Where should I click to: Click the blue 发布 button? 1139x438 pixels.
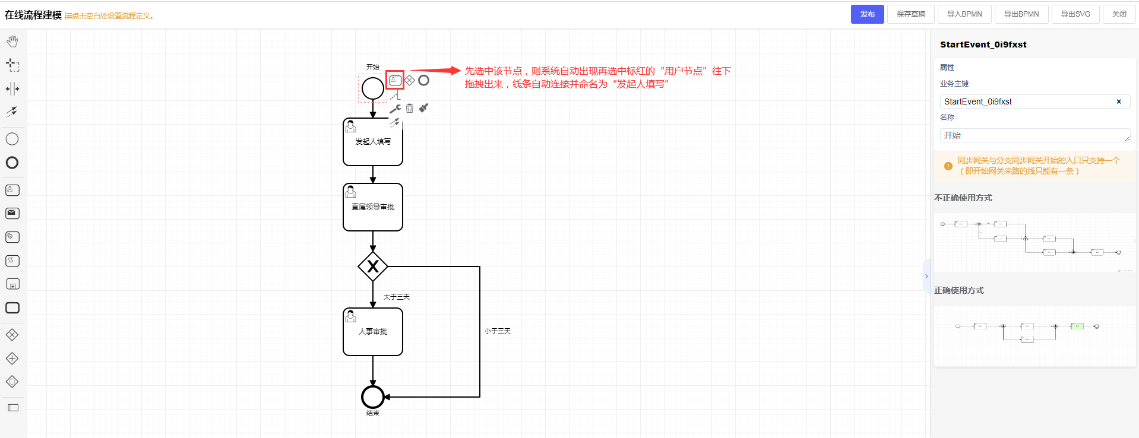(x=867, y=14)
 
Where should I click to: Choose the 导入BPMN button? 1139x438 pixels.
(x=964, y=14)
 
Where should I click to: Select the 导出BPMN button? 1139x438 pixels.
(x=1021, y=14)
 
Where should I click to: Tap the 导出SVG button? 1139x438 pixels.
(x=1075, y=14)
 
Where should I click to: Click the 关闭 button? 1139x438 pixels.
(x=1119, y=14)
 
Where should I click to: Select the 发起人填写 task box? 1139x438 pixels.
(x=373, y=142)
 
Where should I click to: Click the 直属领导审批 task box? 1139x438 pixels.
(x=373, y=207)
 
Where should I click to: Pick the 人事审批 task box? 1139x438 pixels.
(x=373, y=332)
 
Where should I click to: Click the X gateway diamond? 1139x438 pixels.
(x=373, y=266)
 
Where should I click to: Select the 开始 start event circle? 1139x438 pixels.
(x=373, y=88)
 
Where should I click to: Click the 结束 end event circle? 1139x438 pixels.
(x=373, y=397)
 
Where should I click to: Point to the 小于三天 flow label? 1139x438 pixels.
(x=498, y=331)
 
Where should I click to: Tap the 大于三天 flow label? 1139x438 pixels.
(x=396, y=297)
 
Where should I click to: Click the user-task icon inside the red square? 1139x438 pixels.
(x=395, y=80)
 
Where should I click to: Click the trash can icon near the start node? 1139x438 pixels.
(x=410, y=109)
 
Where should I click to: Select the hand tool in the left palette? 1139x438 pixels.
(x=12, y=41)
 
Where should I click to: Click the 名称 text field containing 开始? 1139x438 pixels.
(x=1034, y=135)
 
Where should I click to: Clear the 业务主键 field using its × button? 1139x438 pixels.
(x=1119, y=101)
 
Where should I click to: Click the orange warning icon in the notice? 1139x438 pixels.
(x=948, y=166)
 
